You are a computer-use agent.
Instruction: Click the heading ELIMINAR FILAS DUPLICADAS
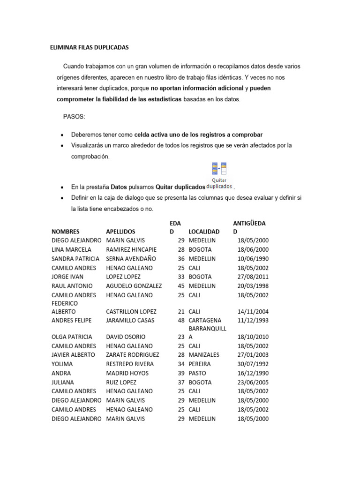coord(89,48)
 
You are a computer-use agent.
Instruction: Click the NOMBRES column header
coord(66,232)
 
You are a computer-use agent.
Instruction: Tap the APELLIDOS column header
coord(120,232)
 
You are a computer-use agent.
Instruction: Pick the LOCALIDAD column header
coord(204,232)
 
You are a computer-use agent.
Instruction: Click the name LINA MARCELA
coord(71,249)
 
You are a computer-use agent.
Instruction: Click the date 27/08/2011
coord(253,277)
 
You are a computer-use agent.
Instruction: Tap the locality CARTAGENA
coord(205,320)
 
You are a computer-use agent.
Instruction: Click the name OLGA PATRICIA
coord(72,337)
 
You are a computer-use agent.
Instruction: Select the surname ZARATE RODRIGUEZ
coord(133,355)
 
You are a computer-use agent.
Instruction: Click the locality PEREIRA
coord(200,364)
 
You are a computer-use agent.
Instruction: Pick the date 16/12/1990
coord(253,373)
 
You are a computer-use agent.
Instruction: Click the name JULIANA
coord(64,382)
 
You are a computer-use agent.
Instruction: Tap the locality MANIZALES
coord(204,355)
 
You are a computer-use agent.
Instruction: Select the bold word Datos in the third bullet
coord(119,187)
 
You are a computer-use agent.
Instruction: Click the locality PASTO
coord(197,373)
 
